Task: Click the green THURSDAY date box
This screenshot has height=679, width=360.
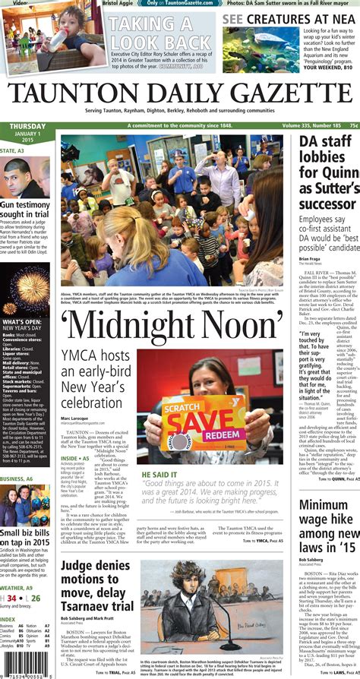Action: click(27, 133)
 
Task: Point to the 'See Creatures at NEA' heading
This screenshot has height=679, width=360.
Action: click(289, 18)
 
